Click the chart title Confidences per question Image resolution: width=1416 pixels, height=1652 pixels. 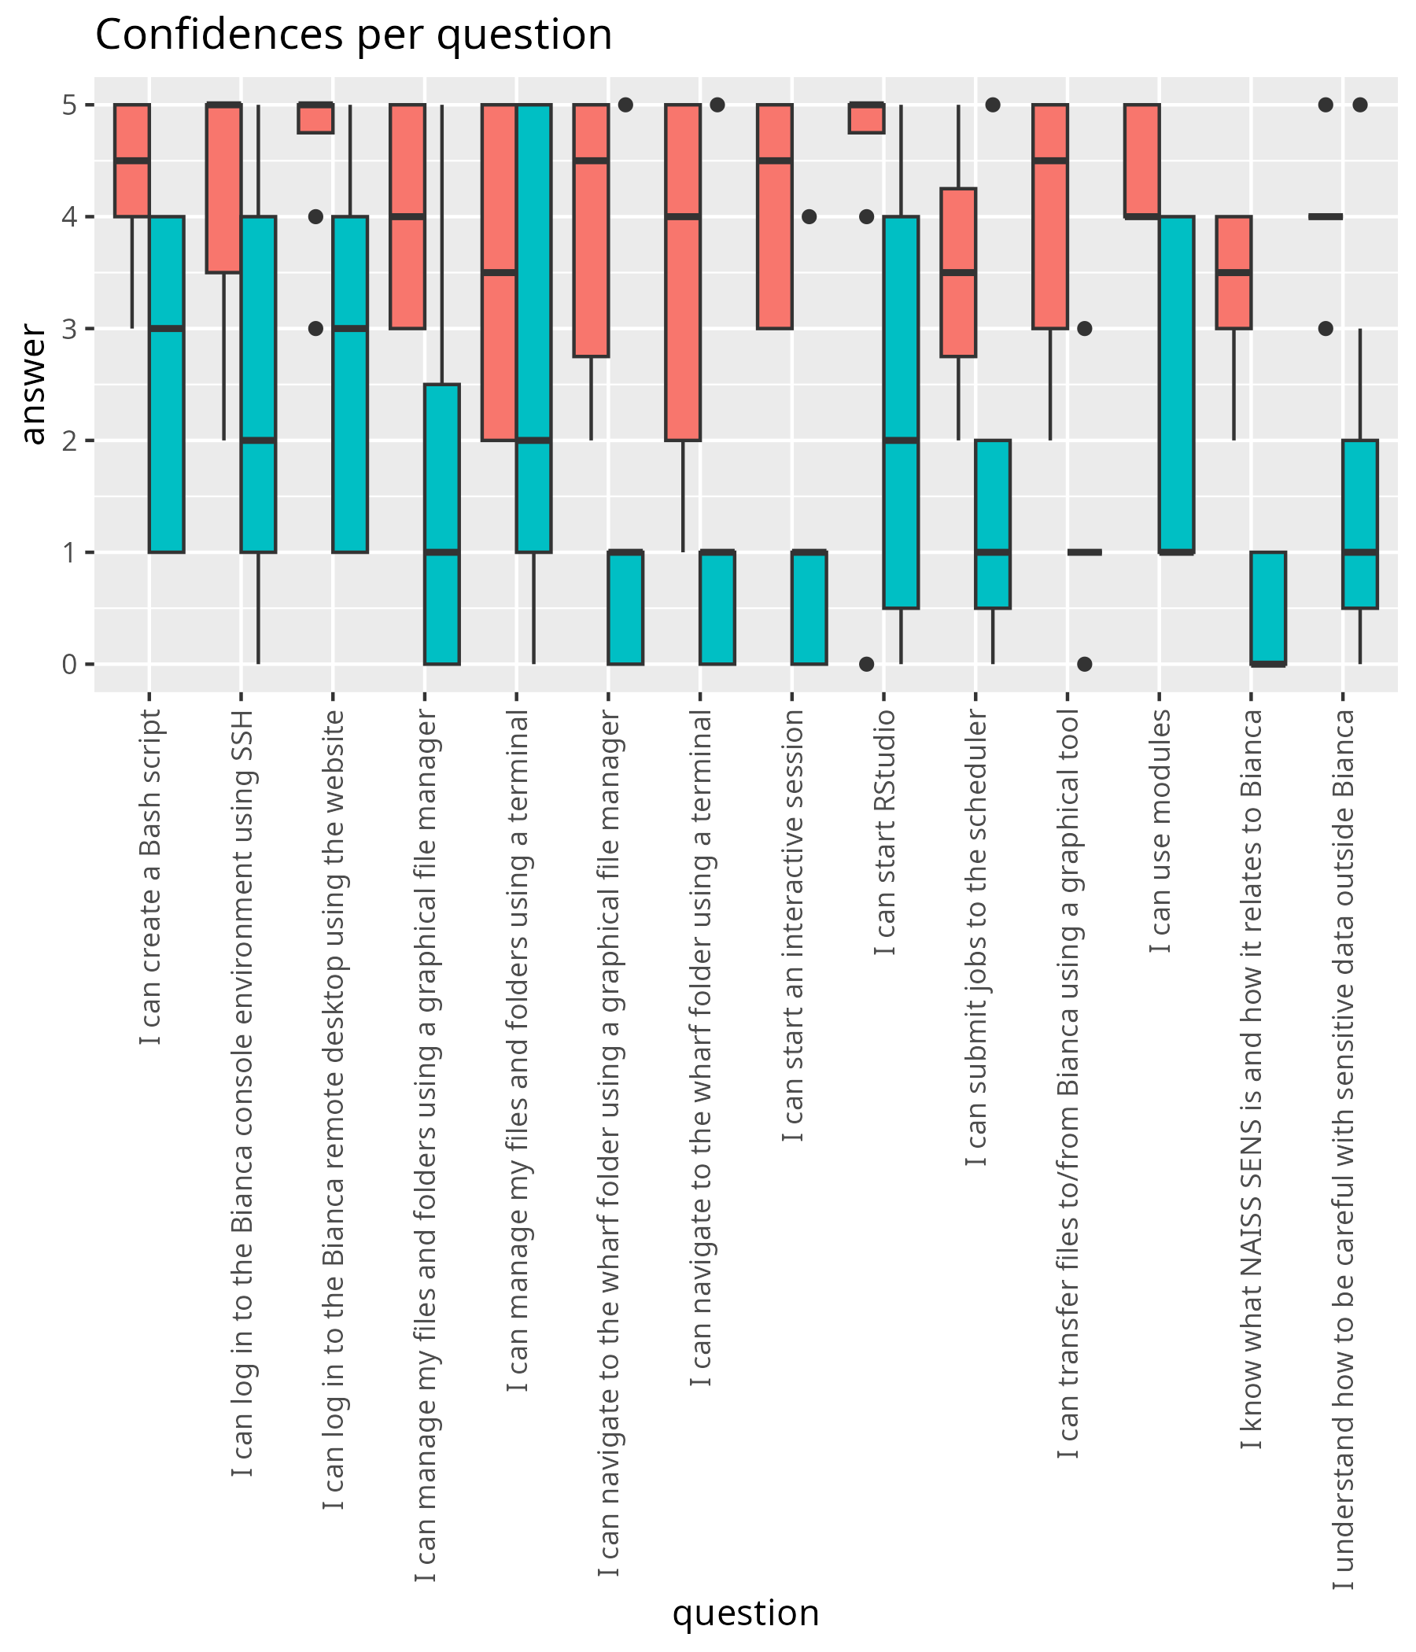353,35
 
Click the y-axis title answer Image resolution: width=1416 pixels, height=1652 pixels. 34,384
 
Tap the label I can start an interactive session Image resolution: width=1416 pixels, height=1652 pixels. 792,925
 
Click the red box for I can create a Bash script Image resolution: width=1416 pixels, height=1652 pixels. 132,160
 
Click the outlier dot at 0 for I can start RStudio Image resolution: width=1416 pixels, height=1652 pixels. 867,664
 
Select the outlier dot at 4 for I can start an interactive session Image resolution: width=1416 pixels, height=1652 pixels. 809,216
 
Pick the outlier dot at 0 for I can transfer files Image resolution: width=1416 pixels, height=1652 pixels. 1084,664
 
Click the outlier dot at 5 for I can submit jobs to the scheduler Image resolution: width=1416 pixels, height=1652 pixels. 993,105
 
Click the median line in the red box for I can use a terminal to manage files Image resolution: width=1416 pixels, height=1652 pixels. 499,273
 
